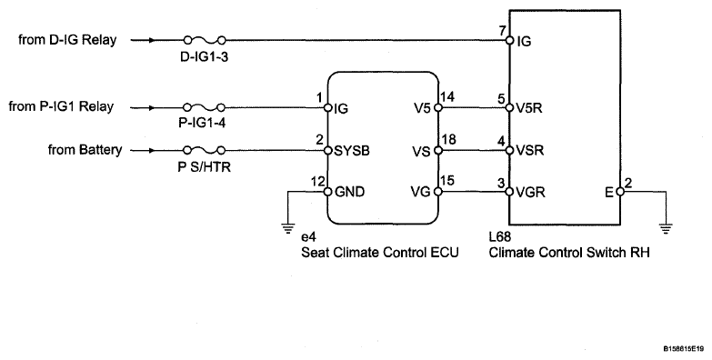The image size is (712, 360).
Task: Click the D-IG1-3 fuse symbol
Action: coord(205,40)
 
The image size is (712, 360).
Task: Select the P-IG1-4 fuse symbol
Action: coord(205,107)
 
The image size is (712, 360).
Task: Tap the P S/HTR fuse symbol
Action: coord(205,150)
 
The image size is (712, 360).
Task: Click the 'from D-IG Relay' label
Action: coord(67,40)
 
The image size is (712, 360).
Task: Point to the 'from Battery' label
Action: coord(85,150)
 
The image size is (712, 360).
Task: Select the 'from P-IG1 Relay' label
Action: coord(61,106)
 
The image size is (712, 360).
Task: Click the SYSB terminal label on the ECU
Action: coord(352,151)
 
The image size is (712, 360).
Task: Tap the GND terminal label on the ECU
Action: coord(349,192)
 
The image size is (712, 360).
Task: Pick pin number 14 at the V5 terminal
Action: coord(447,96)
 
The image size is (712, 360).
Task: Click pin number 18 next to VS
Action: coord(448,139)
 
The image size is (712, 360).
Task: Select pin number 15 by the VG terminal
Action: coord(447,181)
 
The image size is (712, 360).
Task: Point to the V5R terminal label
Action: coord(529,108)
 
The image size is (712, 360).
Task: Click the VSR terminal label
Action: coord(530,150)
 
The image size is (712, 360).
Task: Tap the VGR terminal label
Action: coord(531,192)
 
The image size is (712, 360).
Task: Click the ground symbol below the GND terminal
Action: coord(287,229)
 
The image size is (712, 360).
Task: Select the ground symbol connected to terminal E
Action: coord(666,229)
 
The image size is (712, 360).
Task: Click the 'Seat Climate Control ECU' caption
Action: coord(380,253)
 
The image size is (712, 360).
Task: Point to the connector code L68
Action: coord(499,237)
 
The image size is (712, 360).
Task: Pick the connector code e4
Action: coord(308,237)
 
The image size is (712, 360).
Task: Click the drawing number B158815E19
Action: coord(685,349)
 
